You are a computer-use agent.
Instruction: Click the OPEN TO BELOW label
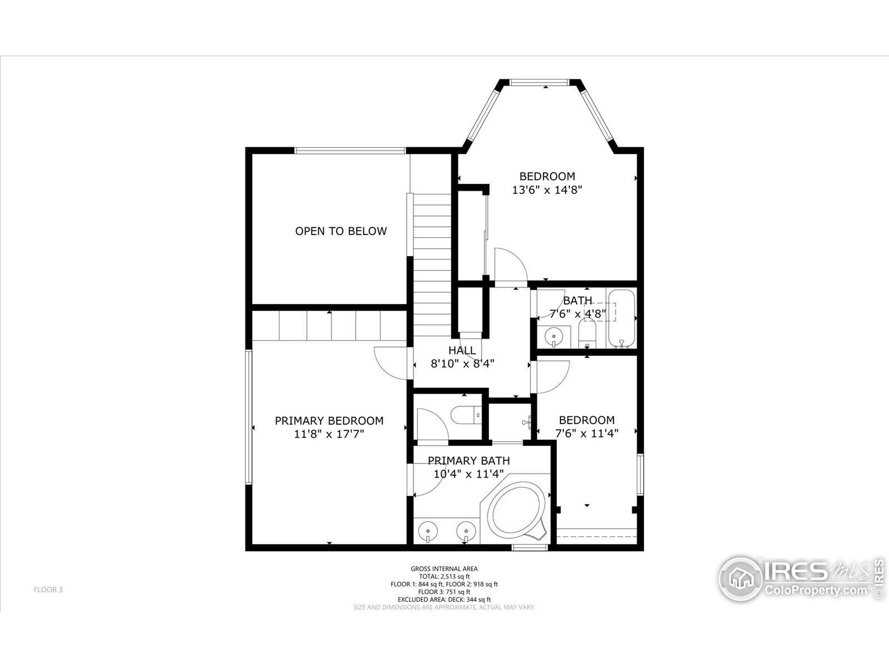[341, 231]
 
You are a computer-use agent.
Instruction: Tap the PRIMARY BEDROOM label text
[329, 421]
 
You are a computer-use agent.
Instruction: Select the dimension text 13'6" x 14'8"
[547, 190]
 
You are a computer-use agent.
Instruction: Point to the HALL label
[462, 350]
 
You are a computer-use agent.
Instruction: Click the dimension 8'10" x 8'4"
[462, 364]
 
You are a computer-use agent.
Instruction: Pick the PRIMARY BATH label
[468, 460]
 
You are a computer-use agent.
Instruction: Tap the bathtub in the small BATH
[621, 318]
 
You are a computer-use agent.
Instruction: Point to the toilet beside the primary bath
[466, 415]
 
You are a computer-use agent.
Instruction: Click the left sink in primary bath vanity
[429, 532]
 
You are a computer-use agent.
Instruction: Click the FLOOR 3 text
[48, 590]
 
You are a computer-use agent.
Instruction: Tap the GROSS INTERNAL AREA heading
[444, 568]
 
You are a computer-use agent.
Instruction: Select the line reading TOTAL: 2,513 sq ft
[444, 576]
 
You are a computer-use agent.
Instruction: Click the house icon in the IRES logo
[740, 579]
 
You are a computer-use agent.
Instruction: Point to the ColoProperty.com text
[816, 590]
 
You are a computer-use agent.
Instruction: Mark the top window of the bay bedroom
[539, 82]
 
